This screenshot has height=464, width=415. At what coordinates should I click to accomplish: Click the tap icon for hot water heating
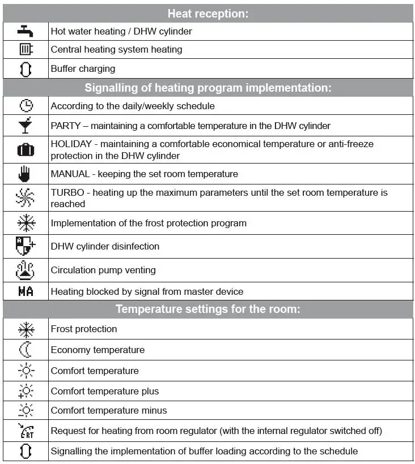26,31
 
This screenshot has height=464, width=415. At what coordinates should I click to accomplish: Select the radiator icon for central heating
26,49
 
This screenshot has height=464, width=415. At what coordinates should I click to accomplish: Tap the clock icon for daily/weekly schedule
26,106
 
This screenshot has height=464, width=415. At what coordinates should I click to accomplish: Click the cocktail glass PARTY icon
26,126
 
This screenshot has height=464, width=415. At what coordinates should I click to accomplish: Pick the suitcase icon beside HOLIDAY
26,150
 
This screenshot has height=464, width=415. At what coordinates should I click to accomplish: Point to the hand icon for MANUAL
26,174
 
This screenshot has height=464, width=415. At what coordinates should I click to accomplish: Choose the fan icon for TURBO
26,198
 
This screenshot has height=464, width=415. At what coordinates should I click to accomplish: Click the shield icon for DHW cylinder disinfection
26,246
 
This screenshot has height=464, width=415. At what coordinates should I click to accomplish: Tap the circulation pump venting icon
26,270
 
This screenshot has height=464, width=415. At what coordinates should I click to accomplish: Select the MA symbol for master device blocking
26,291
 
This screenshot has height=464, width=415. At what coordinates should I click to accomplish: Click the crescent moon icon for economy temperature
26,350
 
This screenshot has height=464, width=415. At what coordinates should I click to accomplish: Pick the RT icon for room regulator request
26,431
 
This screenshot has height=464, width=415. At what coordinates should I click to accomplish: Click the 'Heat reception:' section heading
207,14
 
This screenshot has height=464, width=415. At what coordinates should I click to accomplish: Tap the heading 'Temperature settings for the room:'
207,309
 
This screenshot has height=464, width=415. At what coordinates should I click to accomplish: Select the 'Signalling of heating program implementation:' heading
207,88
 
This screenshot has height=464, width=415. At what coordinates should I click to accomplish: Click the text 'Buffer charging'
83,68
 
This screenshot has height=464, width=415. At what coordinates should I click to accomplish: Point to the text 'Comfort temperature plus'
105,391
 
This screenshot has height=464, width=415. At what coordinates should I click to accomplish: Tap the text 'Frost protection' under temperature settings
84,329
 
